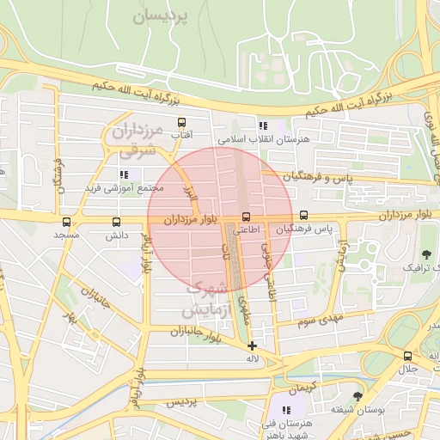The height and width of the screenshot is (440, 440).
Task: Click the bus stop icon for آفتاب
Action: coord(181,123)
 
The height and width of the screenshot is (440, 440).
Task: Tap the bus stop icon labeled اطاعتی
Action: coord(247,216)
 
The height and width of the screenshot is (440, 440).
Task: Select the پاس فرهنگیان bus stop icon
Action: coord(303,216)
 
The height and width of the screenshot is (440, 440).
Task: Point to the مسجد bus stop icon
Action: coord(67,222)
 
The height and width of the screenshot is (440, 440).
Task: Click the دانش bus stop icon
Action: coord(116,222)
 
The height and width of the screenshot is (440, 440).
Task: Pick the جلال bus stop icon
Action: coord(407,356)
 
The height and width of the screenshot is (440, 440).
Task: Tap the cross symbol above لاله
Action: coord(251,345)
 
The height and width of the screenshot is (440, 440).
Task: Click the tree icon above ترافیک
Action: coord(427,254)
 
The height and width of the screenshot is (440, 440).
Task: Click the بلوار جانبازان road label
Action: coord(196,332)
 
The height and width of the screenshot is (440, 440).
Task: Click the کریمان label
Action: coord(302,388)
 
